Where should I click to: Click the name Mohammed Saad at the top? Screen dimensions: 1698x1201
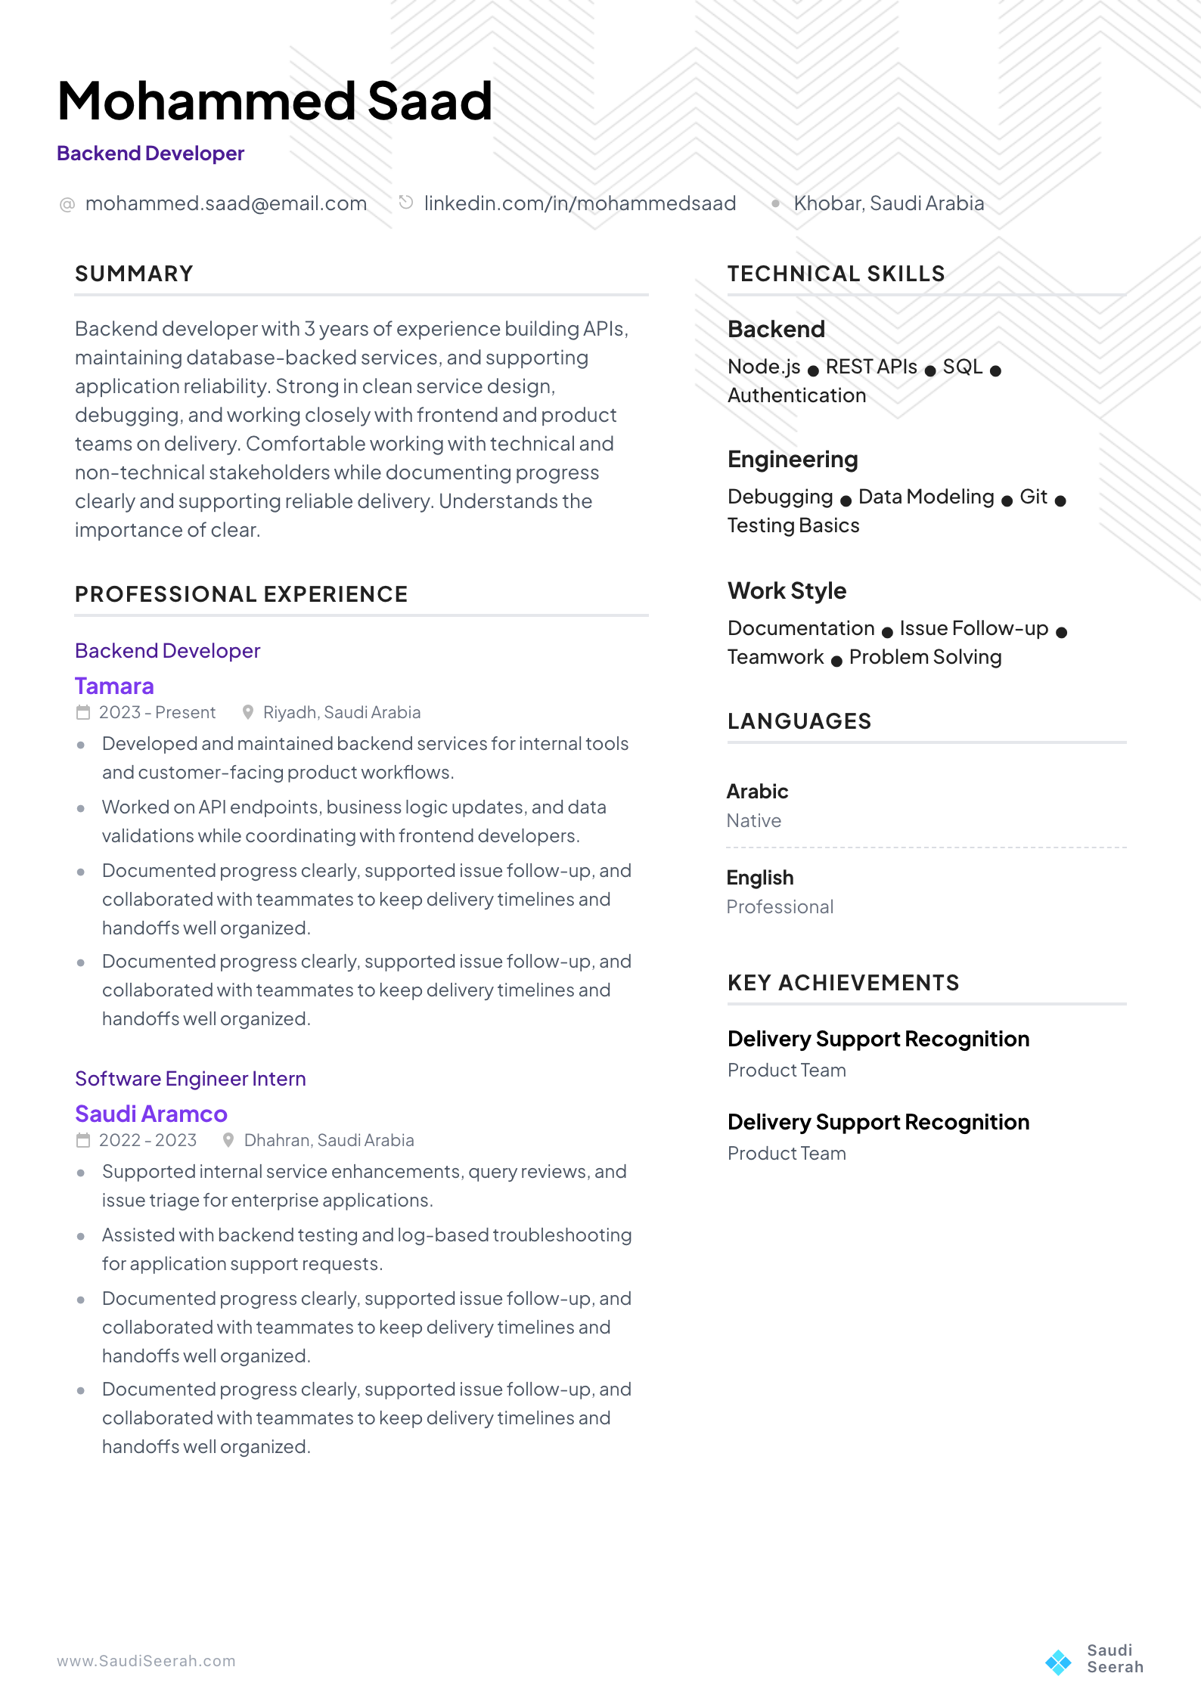click(x=275, y=101)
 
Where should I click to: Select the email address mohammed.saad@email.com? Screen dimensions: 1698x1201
click(x=225, y=203)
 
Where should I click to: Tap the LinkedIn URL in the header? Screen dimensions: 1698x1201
click(x=579, y=203)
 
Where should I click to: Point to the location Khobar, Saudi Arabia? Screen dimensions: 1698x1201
click(x=888, y=203)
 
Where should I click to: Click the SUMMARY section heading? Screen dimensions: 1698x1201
click(x=134, y=274)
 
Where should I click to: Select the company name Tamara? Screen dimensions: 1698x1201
click(x=114, y=686)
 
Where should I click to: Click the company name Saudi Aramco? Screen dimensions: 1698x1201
click(x=151, y=1114)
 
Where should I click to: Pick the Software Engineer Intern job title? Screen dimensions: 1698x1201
click(x=190, y=1079)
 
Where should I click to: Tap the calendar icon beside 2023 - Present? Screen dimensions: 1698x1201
click(x=83, y=712)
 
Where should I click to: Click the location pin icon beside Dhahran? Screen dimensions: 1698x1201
click(x=228, y=1140)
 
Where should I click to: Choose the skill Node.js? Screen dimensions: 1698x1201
click(x=763, y=367)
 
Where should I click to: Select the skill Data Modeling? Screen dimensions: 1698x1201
click(x=926, y=497)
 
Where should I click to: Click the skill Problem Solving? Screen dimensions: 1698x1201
click(x=925, y=657)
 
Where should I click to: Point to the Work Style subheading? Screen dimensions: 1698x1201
click(x=787, y=590)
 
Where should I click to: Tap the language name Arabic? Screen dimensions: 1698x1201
click(x=757, y=792)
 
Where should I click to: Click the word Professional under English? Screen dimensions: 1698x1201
click(x=780, y=906)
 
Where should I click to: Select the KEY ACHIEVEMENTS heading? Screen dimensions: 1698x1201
click(x=843, y=983)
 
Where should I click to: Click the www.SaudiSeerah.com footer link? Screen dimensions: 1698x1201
click(x=146, y=1661)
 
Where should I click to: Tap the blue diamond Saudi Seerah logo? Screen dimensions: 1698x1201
click(x=1058, y=1662)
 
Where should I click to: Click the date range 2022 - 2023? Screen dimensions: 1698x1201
click(x=147, y=1140)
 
